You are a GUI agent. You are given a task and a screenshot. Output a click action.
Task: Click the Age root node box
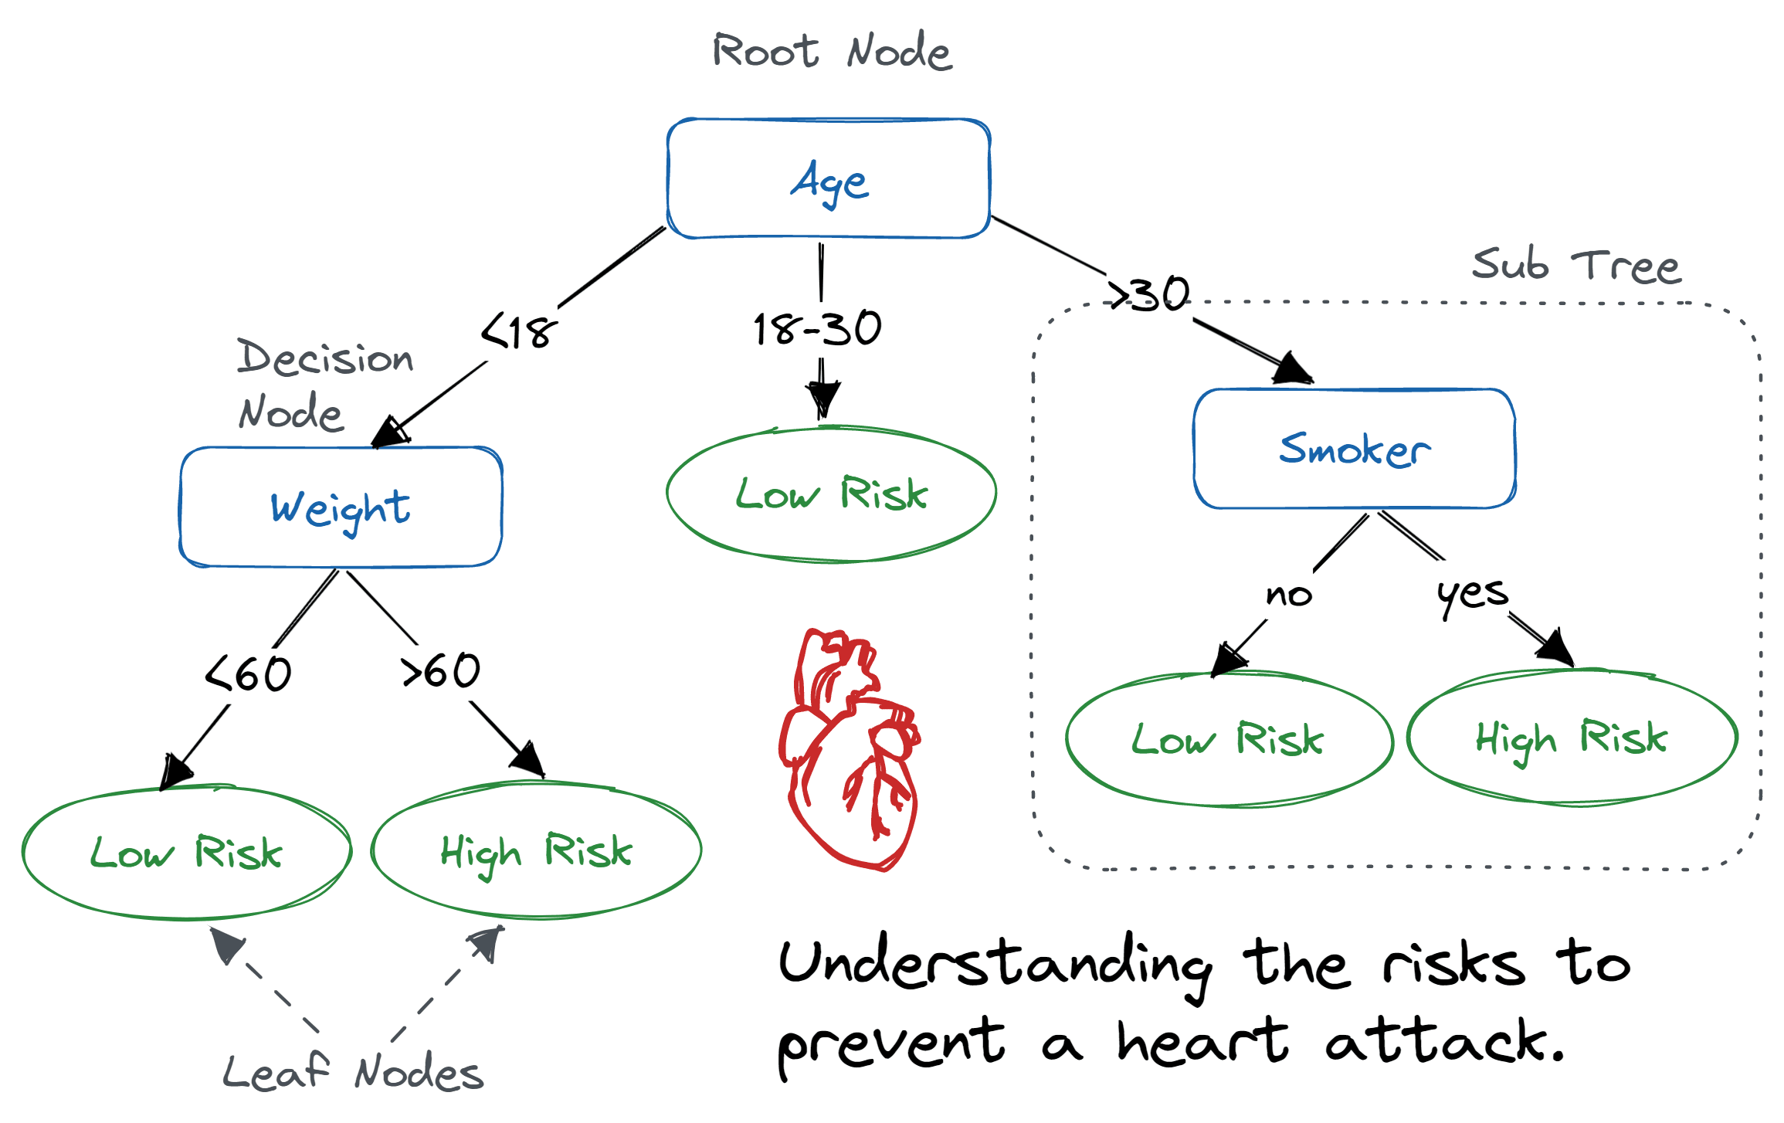point(829,179)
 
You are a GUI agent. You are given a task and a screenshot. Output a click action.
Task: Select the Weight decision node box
point(341,507)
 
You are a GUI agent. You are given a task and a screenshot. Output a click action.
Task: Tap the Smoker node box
point(1354,449)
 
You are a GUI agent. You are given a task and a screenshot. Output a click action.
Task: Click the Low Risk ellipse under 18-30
point(831,494)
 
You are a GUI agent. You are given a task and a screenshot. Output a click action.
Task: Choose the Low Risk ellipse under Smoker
point(1229,739)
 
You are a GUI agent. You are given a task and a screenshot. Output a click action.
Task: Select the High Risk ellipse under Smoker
point(1572,738)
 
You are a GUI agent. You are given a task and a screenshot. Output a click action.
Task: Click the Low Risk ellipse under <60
point(186,853)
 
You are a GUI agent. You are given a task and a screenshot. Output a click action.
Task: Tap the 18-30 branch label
point(818,328)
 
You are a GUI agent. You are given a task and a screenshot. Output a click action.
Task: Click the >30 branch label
point(1148,294)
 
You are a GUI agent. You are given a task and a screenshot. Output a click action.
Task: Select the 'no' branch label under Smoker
point(1288,595)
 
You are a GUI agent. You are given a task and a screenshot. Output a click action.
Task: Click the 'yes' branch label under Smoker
point(1472,594)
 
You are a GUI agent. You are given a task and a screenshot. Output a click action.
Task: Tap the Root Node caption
point(832,52)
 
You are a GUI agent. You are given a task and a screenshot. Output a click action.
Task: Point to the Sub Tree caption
point(1575,265)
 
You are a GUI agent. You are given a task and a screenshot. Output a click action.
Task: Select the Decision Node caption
point(324,384)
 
